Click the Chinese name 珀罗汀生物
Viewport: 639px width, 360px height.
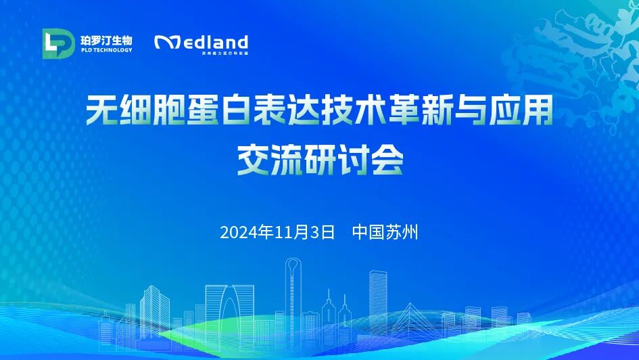[x=106, y=38]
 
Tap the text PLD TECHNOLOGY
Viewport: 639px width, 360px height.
[x=106, y=50]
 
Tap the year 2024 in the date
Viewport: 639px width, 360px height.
[x=239, y=233]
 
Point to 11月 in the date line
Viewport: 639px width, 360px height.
[x=291, y=233]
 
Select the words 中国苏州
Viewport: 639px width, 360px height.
[x=385, y=233]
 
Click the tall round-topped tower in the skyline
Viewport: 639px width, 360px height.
[x=293, y=298]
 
